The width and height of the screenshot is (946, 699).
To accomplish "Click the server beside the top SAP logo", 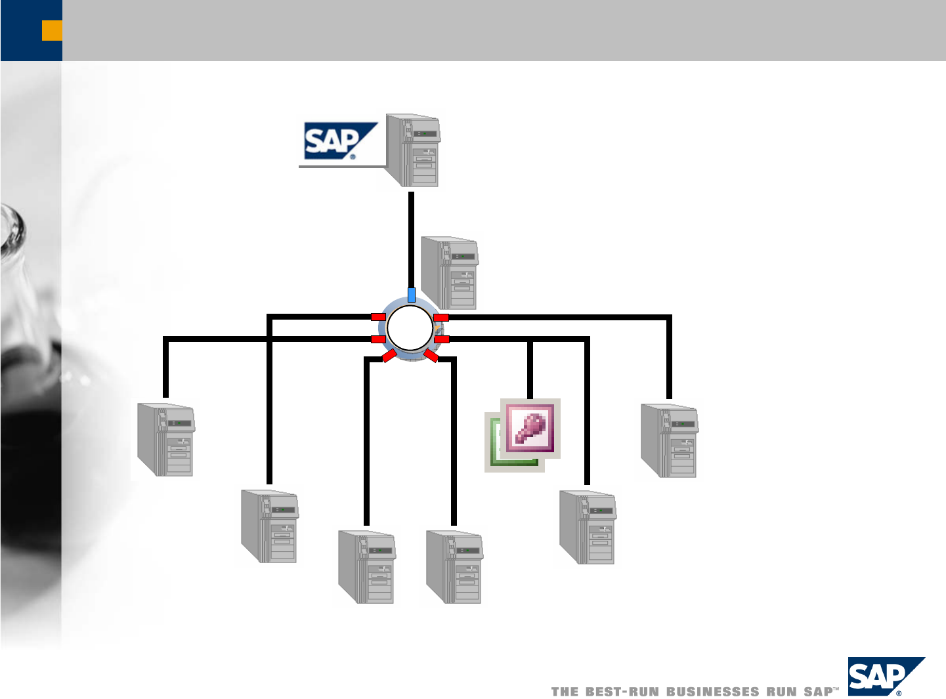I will click(x=414, y=150).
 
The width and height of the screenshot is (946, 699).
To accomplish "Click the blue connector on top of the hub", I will click(x=412, y=294).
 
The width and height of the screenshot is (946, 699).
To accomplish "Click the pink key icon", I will click(x=530, y=427).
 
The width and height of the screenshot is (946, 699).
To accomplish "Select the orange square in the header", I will click(x=52, y=30).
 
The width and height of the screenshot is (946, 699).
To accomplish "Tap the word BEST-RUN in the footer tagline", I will click(x=622, y=691).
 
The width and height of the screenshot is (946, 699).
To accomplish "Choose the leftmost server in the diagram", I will click(x=165, y=440).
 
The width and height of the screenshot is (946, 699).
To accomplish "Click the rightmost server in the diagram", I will click(x=669, y=441).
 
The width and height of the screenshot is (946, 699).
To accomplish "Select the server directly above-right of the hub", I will click(x=450, y=272).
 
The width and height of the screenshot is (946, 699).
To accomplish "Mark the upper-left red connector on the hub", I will click(x=378, y=317).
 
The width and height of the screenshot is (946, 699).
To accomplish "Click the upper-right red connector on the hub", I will click(x=441, y=318).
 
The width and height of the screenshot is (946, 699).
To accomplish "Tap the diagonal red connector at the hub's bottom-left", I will click(x=389, y=356).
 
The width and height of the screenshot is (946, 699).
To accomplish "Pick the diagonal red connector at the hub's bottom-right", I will click(x=431, y=356).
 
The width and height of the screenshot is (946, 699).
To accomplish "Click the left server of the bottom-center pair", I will click(x=366, y=567).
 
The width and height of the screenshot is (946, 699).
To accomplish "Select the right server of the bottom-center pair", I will click(x=454, y=567).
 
